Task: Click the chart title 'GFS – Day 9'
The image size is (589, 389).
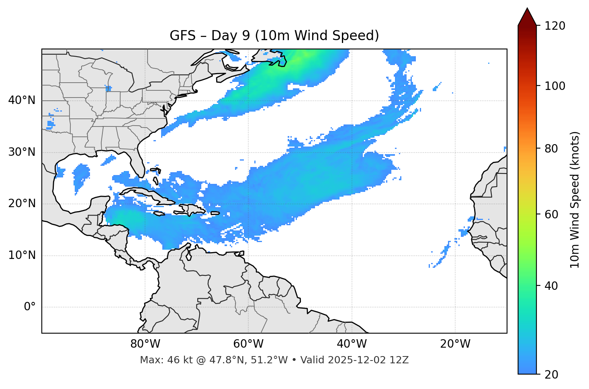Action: click(x=274, y=36)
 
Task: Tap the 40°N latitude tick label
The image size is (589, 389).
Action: click(x=22, y=100)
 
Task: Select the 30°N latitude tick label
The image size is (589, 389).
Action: click(x=22, y=152)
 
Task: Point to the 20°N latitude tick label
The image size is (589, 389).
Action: click(x=22, y=204)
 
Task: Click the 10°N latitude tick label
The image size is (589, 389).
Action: click(x=22, y=255)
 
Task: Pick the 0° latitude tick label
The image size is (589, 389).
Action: click(x=29, y=307)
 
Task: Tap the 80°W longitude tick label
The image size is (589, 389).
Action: click(x=145, y=344)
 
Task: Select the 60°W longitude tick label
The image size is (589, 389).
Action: click(x=248, y=344)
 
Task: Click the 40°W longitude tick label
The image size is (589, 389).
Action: click(x=352, y=344)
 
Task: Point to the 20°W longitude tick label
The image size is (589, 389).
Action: click(x=455, y=344)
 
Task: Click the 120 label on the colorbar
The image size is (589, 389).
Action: click(x=554, y=26)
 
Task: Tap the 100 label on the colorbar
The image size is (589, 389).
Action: click(x=554, y=86)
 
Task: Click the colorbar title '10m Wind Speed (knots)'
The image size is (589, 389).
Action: click(x=575, y=200)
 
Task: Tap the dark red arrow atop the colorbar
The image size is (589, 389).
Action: click(x=527, y=17)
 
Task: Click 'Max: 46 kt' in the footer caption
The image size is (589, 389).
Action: click(x=158, y=360)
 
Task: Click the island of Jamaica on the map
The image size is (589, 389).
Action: click(x=159, y=214)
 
